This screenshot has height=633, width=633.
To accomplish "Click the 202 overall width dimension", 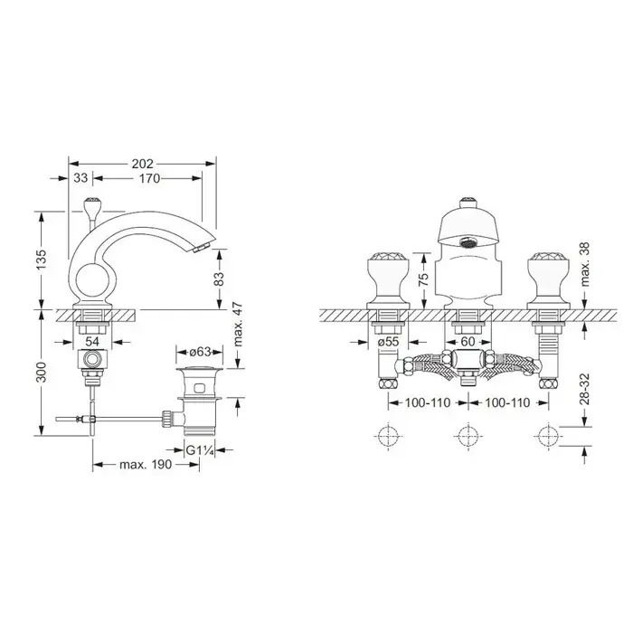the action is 143,164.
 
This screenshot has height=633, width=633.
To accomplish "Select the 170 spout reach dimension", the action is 149,178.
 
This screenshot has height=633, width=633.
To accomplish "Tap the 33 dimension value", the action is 80,178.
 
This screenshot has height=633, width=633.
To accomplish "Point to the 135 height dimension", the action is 42,260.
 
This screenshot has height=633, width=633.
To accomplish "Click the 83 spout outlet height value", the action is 219,279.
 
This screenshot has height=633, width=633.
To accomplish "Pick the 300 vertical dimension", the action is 42,373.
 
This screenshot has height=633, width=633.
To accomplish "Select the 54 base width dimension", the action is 92,342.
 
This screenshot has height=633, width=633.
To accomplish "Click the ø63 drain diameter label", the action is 200,352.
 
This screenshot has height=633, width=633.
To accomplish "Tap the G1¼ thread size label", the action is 200,449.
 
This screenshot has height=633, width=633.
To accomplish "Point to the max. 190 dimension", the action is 146,464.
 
